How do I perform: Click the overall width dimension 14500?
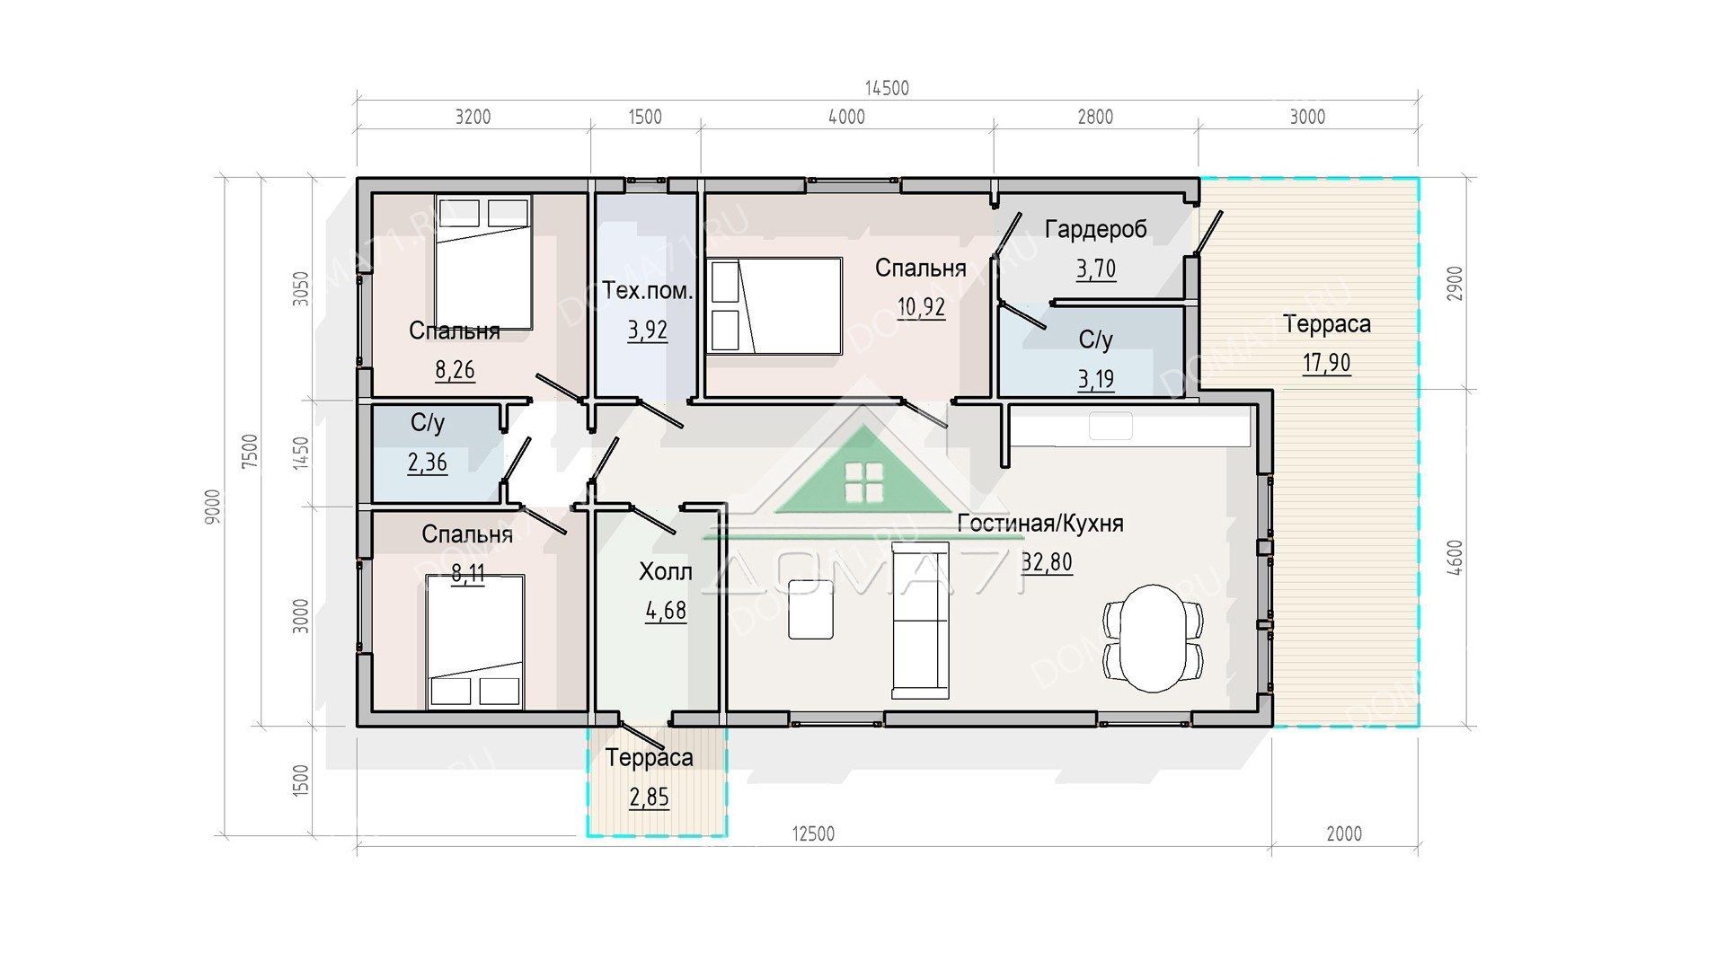[887, 88]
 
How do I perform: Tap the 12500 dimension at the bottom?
[813, 833]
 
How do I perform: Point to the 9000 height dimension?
[212, 507]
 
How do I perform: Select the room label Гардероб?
[1095, 230]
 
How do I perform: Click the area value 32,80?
[1048, 562]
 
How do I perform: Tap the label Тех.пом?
[647, 290]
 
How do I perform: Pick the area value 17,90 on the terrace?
[1326, 363]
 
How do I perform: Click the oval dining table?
[1153, 639]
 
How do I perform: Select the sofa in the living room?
[920, 620]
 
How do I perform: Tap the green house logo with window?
[863, 472]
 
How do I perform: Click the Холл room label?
[665, 571]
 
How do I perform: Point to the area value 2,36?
[428, 463]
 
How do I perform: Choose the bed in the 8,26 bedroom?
[484, 262]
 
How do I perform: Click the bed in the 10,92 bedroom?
[775, 306]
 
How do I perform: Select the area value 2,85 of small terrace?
[649, 797]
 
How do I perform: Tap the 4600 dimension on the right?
[1455, 558]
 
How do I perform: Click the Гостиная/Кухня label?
[1040, 524]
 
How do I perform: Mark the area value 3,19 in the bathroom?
[1096, 379]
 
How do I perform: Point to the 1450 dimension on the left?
[300, 453]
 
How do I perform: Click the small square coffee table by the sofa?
[810, 609]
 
